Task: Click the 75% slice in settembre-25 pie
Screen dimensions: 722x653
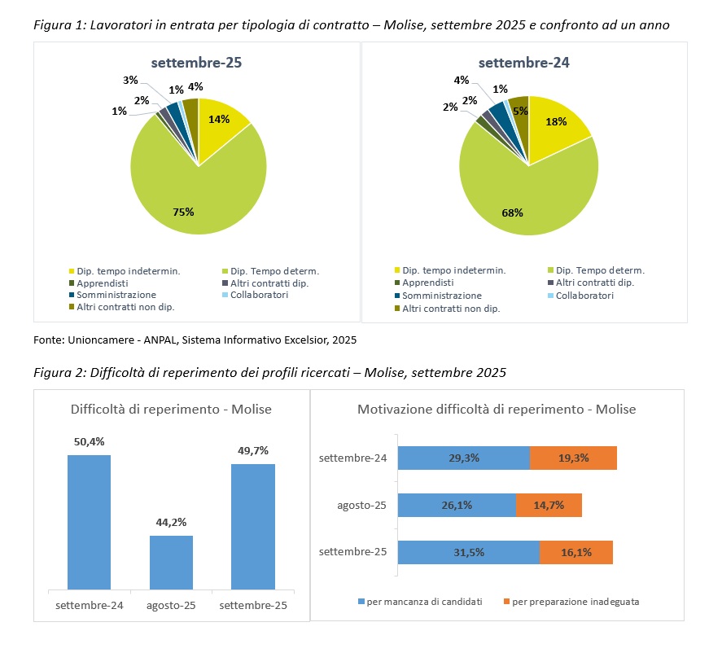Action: point(194,194)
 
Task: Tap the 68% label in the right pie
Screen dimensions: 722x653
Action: point(512,213)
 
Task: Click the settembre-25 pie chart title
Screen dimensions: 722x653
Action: point(196,63)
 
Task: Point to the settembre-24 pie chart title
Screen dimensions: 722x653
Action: point(523,63)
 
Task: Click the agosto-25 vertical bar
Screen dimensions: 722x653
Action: point(171,563)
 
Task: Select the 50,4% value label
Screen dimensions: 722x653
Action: point(89,441)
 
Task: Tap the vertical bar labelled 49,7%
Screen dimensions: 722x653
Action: point(253,526)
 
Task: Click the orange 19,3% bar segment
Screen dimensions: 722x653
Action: point(573,458)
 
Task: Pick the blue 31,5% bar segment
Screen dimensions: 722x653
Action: point(469,552)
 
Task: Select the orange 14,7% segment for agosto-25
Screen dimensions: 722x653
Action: point(549,505)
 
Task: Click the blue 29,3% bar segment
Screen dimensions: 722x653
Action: point(464,458)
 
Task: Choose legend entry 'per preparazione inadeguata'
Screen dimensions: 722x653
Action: point(571,602)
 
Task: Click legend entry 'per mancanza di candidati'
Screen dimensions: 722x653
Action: point(420,602)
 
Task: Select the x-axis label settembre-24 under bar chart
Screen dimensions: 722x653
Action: point(90,605)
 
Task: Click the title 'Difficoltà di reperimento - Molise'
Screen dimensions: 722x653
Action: point(171,409)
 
